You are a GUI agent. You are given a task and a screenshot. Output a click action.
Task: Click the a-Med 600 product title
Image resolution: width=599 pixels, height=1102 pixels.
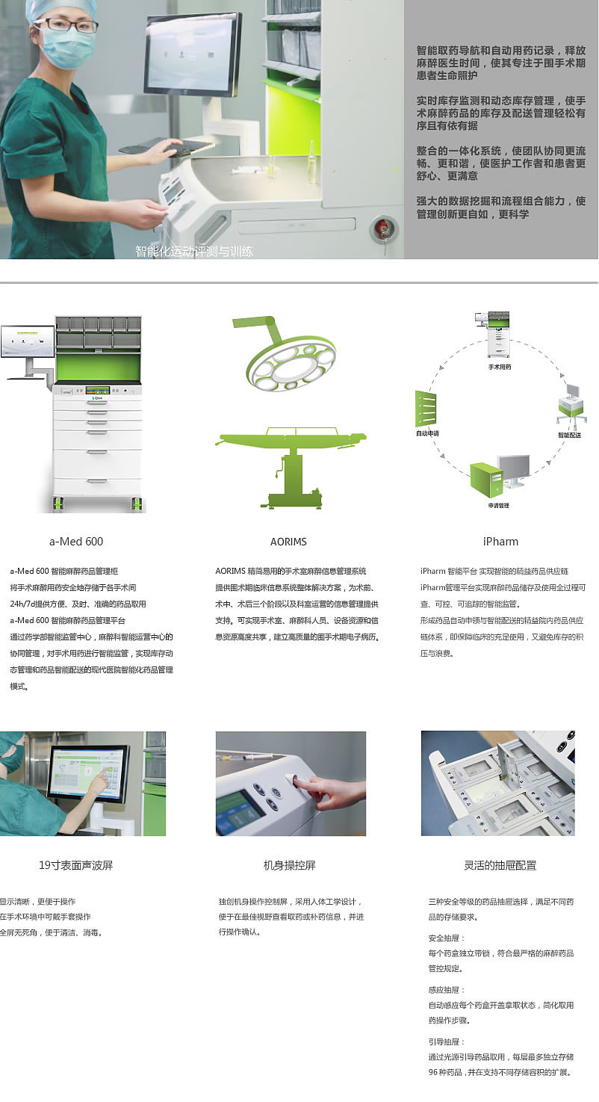click(76, 542)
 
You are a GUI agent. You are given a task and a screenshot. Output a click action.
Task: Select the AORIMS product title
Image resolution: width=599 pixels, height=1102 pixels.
click(288, 542)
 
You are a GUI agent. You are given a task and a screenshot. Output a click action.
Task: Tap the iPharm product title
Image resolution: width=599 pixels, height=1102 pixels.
click(500, 542)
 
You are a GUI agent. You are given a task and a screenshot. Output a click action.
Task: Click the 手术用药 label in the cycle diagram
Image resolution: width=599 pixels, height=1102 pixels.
click(500, 367)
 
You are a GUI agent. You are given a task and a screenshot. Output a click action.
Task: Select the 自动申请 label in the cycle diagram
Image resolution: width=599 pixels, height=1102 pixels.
click(427, 433)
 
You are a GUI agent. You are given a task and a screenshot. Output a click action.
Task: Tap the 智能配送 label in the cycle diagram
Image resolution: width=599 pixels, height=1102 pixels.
click(569, 435)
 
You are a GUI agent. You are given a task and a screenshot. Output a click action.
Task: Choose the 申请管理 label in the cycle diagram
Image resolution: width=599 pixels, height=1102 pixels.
click(499, 505)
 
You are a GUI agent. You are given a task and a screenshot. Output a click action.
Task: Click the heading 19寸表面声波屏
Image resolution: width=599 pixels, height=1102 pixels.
click(75, 865)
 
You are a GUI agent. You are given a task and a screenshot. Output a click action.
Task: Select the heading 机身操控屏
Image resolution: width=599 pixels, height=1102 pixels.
click(289, 865)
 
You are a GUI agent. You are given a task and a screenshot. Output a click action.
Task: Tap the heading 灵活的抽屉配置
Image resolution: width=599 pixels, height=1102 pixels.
click(500, 865)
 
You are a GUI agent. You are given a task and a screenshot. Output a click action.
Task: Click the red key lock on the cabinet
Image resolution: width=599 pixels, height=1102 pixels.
click(381, 228)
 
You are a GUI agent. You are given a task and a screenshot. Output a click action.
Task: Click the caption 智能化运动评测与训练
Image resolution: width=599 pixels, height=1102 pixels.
click(194, 251)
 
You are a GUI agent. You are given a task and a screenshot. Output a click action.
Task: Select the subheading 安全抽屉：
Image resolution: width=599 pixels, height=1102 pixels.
click(446, 938)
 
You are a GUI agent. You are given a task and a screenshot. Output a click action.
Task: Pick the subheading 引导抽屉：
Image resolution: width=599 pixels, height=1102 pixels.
click(446, 1041)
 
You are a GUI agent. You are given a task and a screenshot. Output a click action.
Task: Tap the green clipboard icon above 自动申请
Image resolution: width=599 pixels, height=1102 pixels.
click(426, 408)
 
